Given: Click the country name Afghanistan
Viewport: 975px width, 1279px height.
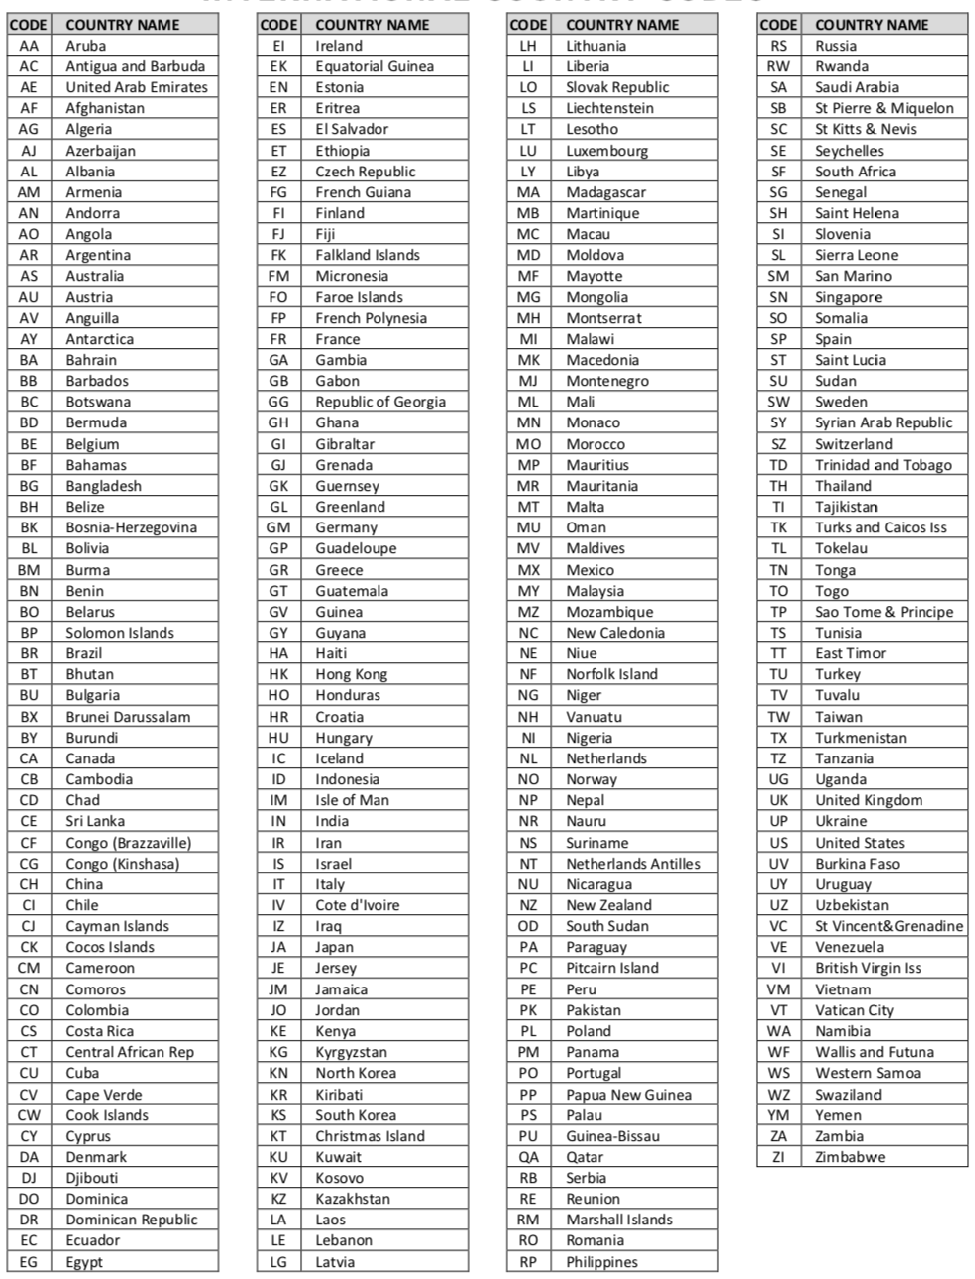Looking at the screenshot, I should (105, 108).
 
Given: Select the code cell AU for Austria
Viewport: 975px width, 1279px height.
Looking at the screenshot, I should (29, 296).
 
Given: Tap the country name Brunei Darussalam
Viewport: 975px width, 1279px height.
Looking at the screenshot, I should (128, 716).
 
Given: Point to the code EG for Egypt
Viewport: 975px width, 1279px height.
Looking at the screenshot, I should (29, 1261).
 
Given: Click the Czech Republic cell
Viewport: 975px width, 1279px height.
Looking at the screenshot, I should (366, 171).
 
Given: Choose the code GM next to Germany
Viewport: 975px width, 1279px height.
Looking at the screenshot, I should (278, 527).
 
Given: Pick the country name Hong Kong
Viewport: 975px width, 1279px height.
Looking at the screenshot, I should (352, 674).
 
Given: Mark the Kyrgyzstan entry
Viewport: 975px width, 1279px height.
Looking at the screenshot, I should (352, 1052).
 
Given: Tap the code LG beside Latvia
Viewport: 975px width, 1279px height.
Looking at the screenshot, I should (278, 1261).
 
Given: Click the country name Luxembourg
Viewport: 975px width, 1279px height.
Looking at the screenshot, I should (607, 150).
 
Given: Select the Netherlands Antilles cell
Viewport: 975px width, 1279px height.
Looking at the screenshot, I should (633, 864).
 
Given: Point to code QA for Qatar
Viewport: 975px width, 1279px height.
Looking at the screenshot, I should (528, 1157).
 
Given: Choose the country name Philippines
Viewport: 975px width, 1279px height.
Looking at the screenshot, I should (602, 1261).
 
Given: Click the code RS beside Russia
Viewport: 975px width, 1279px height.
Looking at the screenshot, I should (779, 46).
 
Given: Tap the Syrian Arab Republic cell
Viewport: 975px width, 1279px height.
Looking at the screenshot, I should (884, 422).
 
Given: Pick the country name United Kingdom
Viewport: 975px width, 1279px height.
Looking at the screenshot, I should (869, 800).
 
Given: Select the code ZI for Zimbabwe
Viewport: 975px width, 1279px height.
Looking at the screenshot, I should (779, 1157).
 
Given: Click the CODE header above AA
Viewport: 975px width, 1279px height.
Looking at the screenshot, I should (29, 24).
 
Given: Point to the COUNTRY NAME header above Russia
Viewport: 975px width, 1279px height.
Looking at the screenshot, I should (872, 24).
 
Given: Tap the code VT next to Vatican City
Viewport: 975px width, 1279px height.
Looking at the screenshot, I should (779, 1010).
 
